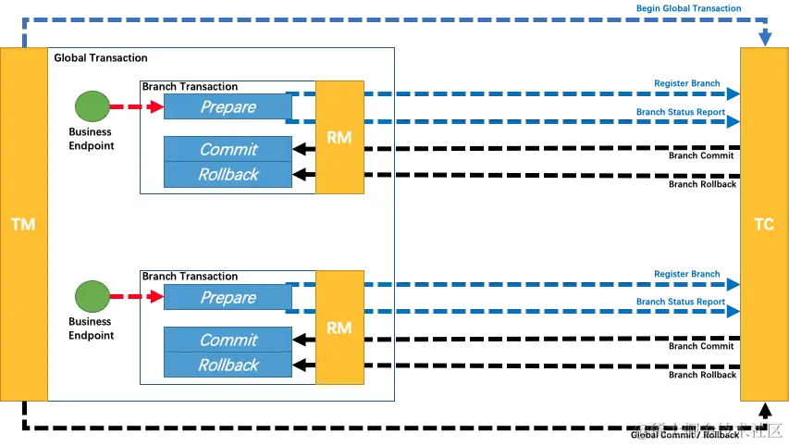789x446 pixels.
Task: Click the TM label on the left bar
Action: (x=22, y=225)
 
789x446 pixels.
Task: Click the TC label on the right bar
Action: (x=764, y=225)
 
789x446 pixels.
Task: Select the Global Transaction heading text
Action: (x=101, y=57)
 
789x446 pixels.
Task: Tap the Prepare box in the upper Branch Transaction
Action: (x=228, y=107)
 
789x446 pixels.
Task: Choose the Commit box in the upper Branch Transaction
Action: (x=228, y=149)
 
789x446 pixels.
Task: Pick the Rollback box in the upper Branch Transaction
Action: (x=228, y=174)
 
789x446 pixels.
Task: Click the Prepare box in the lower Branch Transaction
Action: (x=228, y=298)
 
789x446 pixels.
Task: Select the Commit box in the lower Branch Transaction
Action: (x=228, y=340)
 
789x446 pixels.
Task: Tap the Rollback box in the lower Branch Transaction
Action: (x=228, y=365)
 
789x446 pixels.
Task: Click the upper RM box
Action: (x=339, y=138)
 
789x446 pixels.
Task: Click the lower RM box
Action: (x=339, y=328)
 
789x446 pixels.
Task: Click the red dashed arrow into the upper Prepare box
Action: (x=136, y=107)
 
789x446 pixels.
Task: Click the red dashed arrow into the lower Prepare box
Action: (x=136, y=298)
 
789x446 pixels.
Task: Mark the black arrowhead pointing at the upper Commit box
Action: (x=299, y=149)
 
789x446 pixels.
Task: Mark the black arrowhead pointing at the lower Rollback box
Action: (x=299, y=365)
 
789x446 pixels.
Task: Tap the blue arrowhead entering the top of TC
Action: (x=765, y=40)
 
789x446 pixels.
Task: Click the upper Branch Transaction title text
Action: (x=190, y=86)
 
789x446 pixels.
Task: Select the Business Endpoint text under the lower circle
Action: (x=91, y=328)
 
